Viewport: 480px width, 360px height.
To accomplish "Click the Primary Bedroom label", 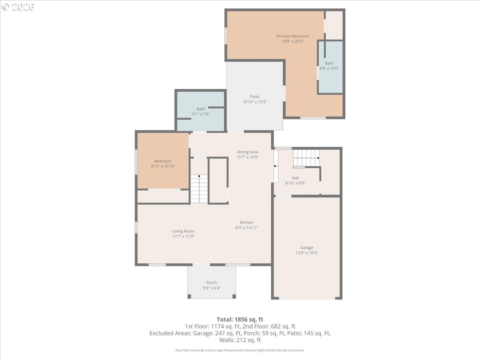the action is pyautogui.click(x=292, y=36).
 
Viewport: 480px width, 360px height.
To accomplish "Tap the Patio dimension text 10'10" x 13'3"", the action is pyautogui.click(x=254, y=102).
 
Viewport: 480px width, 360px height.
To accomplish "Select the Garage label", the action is pyautogui.click(x=306, y=248).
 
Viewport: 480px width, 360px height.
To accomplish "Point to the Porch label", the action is pyautogui.click(x=212, y=283).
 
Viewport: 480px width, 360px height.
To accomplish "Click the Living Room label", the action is pyautogui.click(x=183, y=231).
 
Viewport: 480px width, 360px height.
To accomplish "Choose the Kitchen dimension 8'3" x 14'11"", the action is pyautogui.click(x=246, y=228).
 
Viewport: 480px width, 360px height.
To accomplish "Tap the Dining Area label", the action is pyautogui.click(x=248, y=152).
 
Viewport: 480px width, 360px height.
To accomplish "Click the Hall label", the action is pyautogui.click(x=295, y=178).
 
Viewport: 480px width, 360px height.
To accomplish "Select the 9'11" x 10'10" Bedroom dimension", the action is pyautogui.click(x=163, y=166).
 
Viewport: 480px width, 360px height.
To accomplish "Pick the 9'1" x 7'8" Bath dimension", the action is pyautogui.click(x=201, y=114).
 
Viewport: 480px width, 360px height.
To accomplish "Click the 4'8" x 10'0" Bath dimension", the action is pyautogui.click(x=329, y=68).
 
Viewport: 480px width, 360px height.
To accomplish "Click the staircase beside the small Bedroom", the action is pyautogui.click(x=199, y=189).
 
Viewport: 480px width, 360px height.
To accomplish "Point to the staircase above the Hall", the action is pyautogui.click(x=306, y=158).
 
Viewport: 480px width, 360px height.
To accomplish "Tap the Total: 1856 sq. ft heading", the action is pyautogui.click(x=240, y=320).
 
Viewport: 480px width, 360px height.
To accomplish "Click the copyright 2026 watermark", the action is pyautogui.click(x=18, y=7).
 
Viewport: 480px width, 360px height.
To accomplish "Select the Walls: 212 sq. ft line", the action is pyautogui.click(x=240, y=340).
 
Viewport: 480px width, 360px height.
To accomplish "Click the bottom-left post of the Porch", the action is pyautogui.click(x=189, y=296).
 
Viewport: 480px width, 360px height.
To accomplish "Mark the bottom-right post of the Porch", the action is pyautogui.click(x=234, y=296).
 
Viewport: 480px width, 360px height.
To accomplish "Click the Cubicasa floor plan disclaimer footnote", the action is pyautogui.click(x=240, y=350).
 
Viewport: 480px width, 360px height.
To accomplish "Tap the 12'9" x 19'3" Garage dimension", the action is pyautogui.click(x=306, y=253).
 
